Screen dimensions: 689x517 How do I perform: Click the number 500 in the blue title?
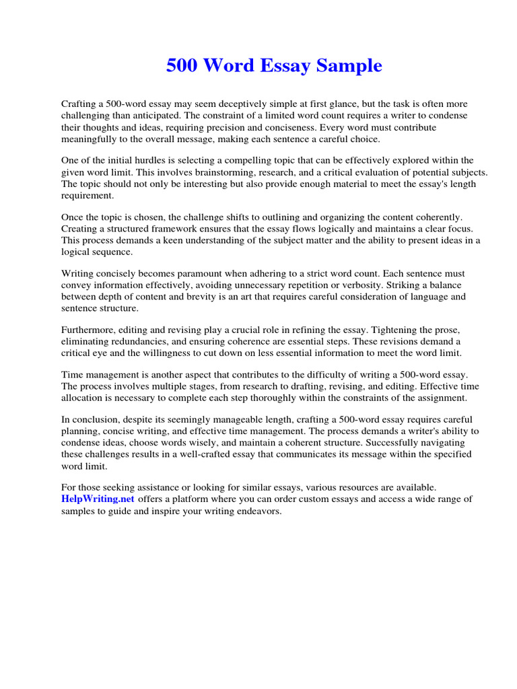click(x=182, y=66)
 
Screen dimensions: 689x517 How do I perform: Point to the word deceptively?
click(x=241, y=104)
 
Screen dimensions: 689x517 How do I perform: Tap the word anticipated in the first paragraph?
click(x=142, y=116)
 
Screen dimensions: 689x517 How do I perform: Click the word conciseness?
click(x=289, y=127)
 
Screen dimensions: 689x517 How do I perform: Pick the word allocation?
click(x=83, y=398)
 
